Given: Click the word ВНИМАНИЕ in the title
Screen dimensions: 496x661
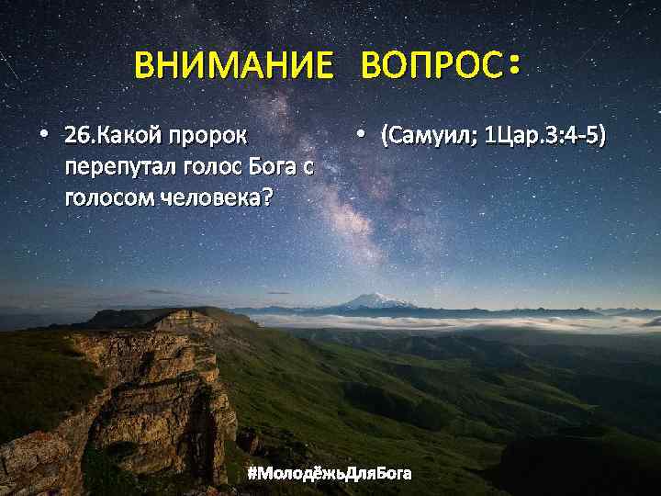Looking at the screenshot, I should (233, 66).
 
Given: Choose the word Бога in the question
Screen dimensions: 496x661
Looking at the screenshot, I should (272, 168).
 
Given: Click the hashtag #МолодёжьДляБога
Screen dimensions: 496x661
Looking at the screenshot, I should (330, 473).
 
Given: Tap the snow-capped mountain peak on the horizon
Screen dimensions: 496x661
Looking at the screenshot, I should (375, 299).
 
